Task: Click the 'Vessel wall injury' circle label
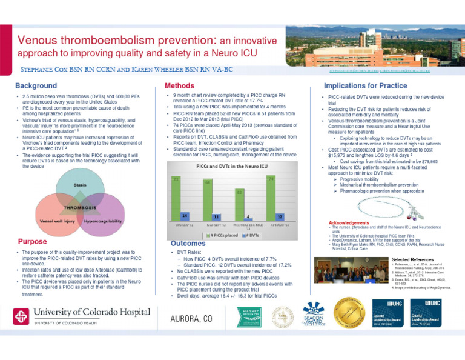(57, 222)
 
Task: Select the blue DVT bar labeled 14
(184, 216)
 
